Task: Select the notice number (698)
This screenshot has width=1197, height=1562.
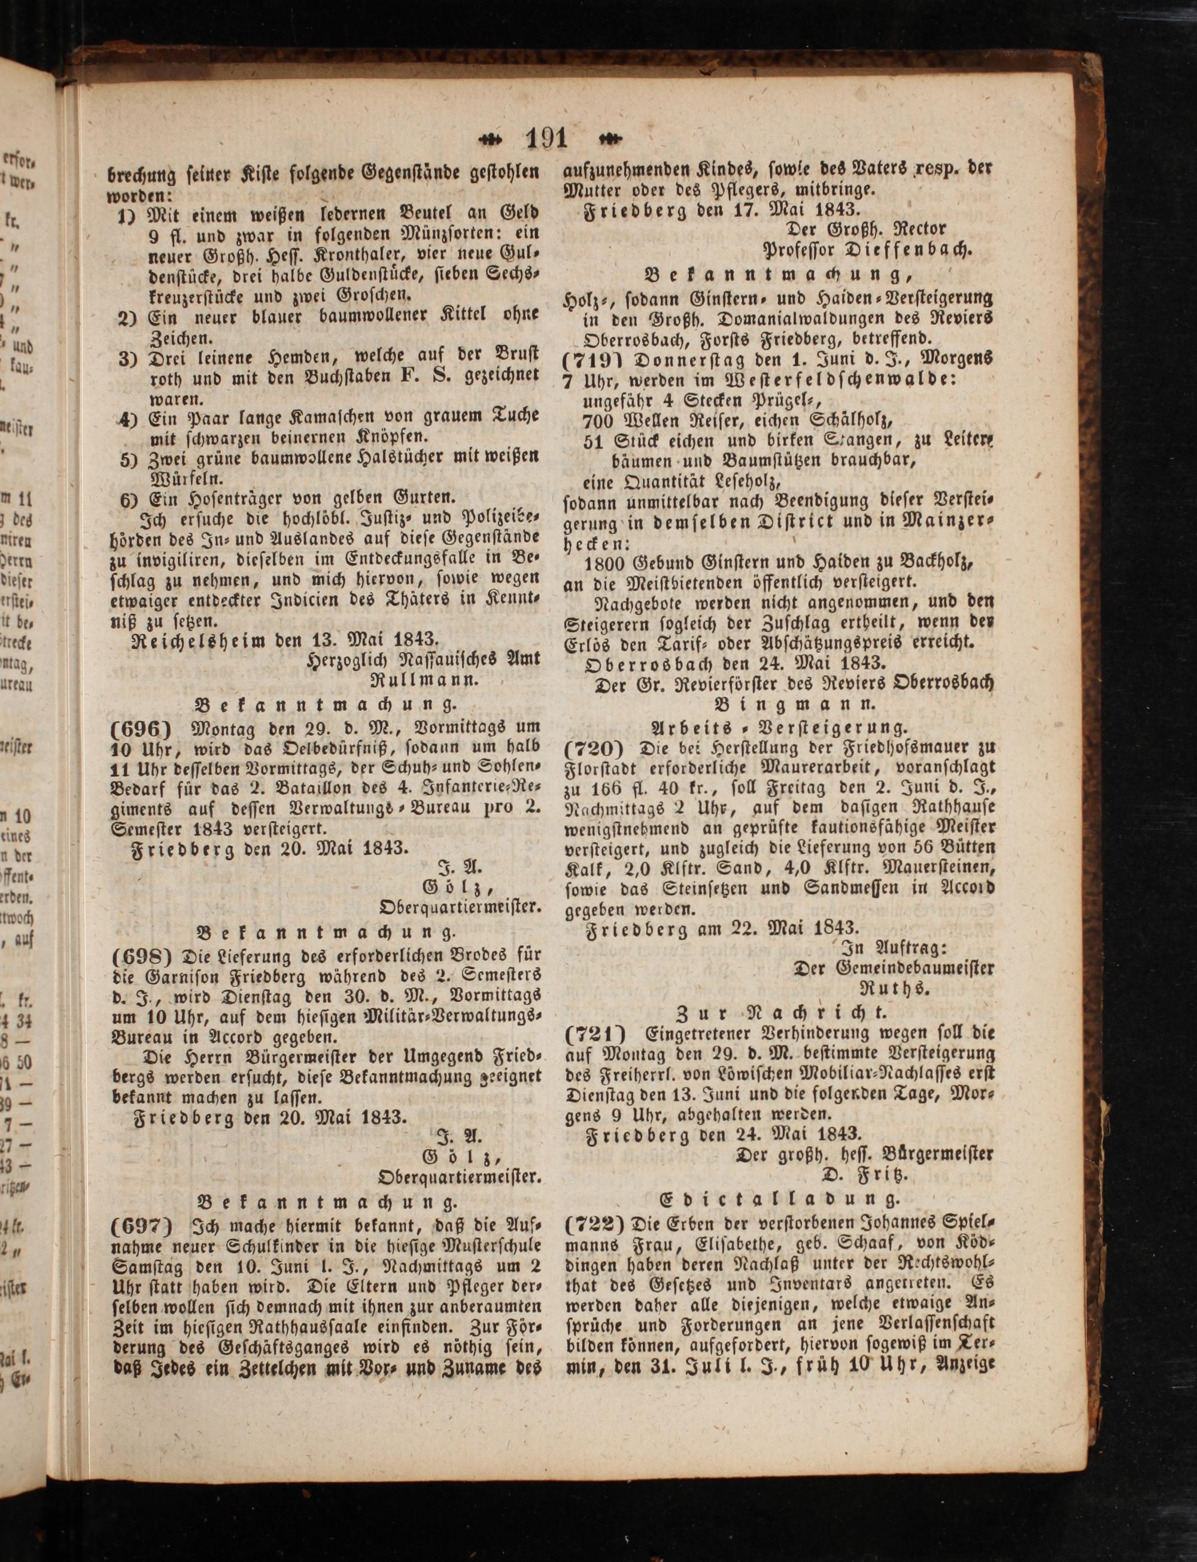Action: point(142,954)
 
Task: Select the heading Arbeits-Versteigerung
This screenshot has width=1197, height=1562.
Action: point(779,727)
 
